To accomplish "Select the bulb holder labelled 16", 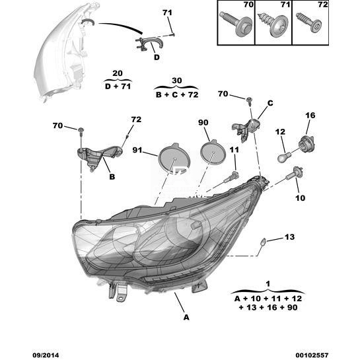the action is (306, 143).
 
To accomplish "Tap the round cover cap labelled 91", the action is (174, 159).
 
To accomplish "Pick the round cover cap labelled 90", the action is (213, 152).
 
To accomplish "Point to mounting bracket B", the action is (98, 155).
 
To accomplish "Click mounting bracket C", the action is (247, 129).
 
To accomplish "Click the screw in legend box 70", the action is (236, 24).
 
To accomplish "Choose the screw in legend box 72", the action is (309, 23).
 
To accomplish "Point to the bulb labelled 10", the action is (295, 173).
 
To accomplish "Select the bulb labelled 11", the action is (231, 177).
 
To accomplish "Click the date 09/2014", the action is (46, 355).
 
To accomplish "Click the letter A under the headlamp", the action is (186, 318).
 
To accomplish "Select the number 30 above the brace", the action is (176, 81).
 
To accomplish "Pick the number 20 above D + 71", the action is (118, 73).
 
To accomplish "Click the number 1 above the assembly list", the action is (268, 284).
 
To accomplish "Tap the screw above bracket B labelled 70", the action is (81, 130).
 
